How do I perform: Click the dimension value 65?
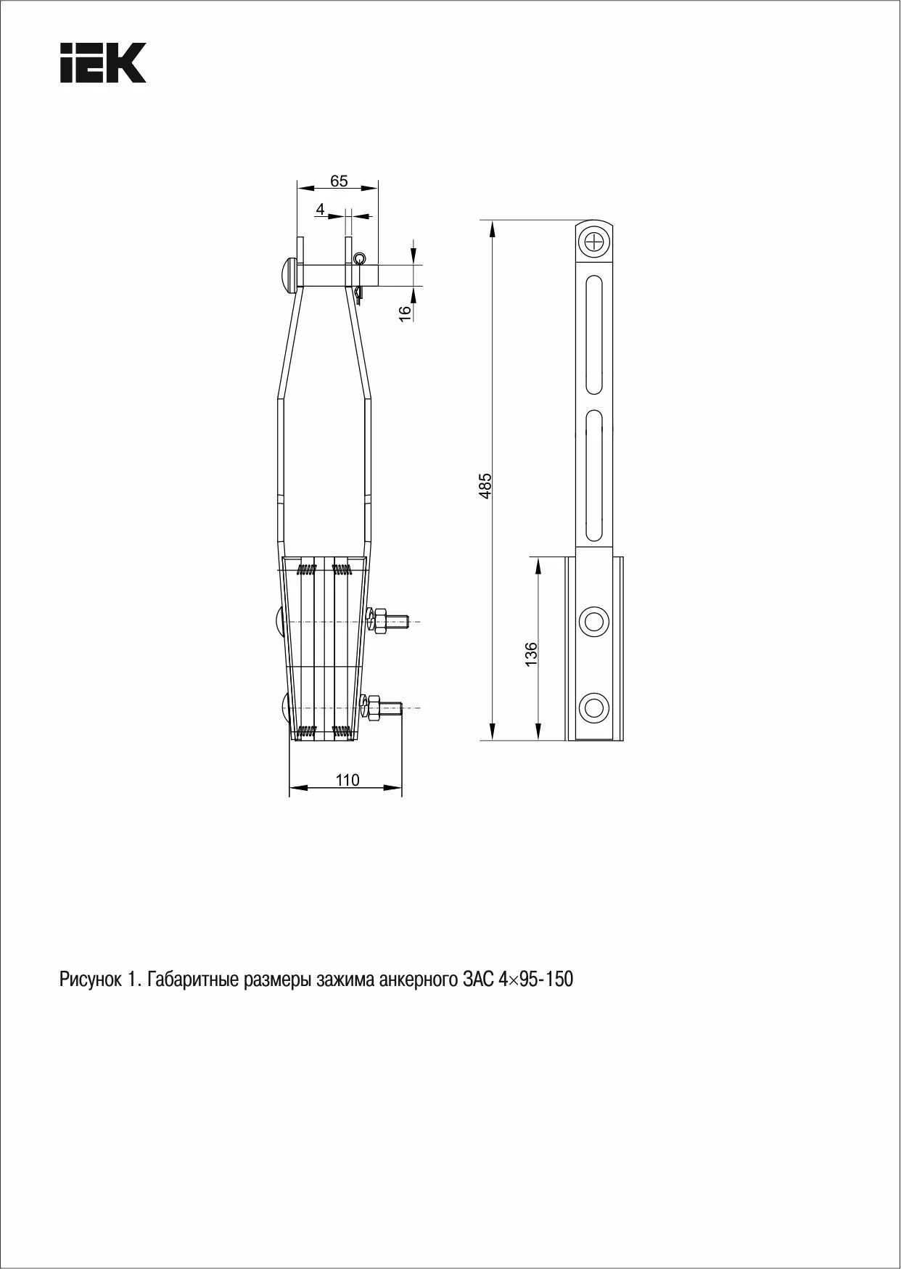click(339, 181)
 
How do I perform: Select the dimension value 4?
click(320, 209)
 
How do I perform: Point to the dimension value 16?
click(406, 311)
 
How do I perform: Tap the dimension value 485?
click(485, 485)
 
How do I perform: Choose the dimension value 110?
click(347, 780)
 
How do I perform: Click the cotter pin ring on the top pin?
click(360, 259)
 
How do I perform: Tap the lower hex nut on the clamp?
click(374, 707)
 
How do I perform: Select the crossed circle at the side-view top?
click(595, 242)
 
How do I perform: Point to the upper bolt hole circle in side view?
click(594, 622)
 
